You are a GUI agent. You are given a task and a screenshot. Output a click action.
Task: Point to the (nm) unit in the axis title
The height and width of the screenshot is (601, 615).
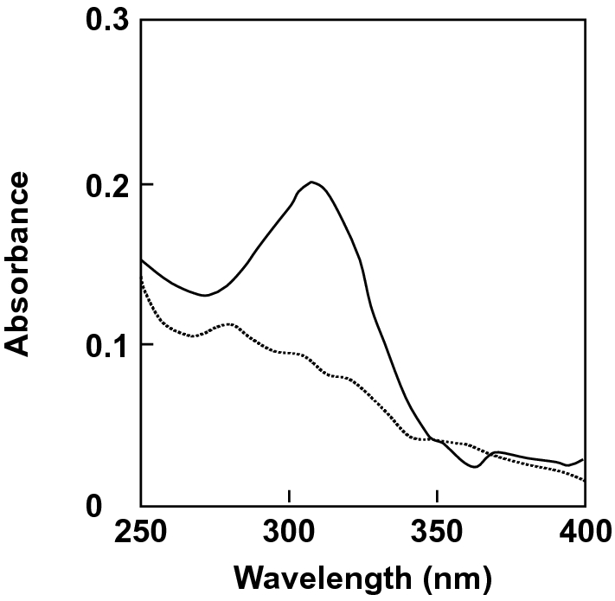pyautogui.click(x=462, y=576)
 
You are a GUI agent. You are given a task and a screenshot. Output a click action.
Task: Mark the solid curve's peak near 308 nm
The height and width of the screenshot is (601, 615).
pyautogui.click(x=312, y=182)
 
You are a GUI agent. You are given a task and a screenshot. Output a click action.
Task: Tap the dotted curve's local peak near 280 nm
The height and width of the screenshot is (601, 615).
pyautogui.click(x=229, y=324)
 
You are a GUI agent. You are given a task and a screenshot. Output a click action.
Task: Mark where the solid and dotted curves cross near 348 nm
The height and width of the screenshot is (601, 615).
pyautogui.click(x=432, y=440)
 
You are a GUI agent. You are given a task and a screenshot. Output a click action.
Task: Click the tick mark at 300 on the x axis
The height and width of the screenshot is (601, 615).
pyautogui.click(x=289, y=500)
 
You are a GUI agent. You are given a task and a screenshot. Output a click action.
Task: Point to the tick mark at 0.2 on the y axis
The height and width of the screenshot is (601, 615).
pyautogui.click(x=146, y=184)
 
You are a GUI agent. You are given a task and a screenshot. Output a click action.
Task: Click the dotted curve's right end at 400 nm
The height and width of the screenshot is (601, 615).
pyautogui.click(x=585, y=481)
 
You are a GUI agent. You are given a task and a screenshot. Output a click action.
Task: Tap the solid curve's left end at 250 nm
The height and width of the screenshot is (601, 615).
pyautogui.click(x=141, y=259)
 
